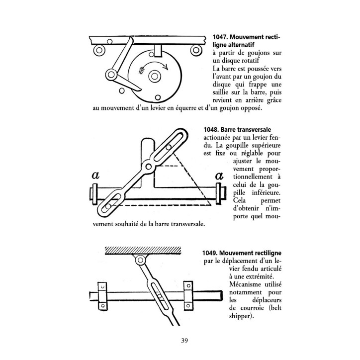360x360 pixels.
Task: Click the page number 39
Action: click(x=184, y=340)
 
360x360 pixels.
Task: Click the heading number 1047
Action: click(x=220, y=37)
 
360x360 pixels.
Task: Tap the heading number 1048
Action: click(x=211, y=130)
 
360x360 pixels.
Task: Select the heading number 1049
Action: click(x=210, y=253)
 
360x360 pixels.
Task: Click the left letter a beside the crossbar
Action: click(x=95, y=176)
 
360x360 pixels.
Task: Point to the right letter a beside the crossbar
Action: click(x=219, y=176)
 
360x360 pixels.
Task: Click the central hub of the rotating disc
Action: click(x=154, y=76)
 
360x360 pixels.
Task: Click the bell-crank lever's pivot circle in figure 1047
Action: click(x=111, y=75)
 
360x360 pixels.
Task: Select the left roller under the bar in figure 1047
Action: click(x=99, y=50)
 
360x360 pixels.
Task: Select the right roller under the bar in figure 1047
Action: click(x=196, y=50)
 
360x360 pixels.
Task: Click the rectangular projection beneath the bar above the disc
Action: click(x=158, y=51)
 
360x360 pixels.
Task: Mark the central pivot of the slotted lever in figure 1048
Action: click(x=149, y=166)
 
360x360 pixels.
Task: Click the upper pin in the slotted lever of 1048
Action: click(x=169, y=147)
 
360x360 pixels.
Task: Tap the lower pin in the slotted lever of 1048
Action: click(x=108, y=206)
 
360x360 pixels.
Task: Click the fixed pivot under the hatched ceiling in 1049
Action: click(x=140, y=261)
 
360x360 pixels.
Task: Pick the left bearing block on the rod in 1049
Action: click(x=102, y=296)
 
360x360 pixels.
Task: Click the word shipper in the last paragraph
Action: click(x=242, y=316)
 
